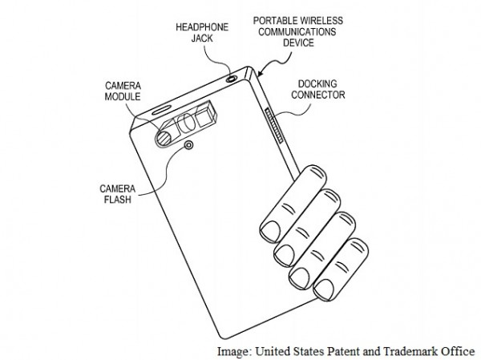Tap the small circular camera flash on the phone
(188, 145)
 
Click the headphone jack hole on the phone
(232, 78)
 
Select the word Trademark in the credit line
(412, 350)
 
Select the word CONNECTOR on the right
(320, 95)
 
